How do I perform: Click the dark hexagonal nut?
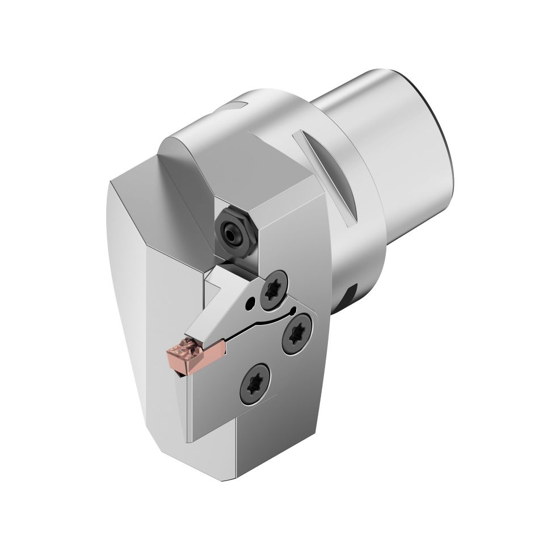coord(234,230)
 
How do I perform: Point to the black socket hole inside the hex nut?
coord(232,232)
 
